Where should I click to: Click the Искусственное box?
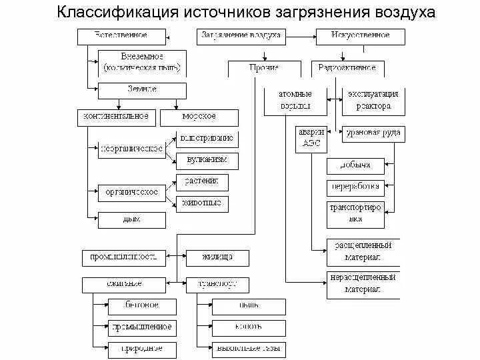(x=360, y=35)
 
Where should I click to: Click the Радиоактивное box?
(x=347, y=68)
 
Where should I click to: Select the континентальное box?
(x=116, y=117)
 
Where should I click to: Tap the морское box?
(x=199, y=117)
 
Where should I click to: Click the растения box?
(x=202, y=181)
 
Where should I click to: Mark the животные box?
(x=202, y=203)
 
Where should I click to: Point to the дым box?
(x=131, y=219)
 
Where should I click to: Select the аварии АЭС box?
(x=311, y=138)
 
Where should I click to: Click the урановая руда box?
(x=373, y=133)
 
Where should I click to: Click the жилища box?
(x=217, y=257)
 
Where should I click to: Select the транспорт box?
(x=217, y=284)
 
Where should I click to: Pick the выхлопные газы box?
(x=240, y=349)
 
